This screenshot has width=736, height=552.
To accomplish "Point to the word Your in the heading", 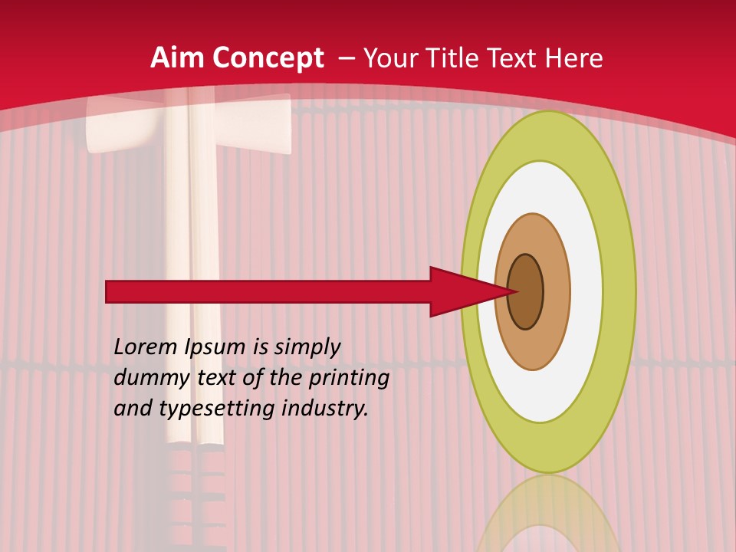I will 392,58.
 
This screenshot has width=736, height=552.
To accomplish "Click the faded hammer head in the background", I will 188,123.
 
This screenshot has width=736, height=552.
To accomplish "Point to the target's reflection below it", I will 548,514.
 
